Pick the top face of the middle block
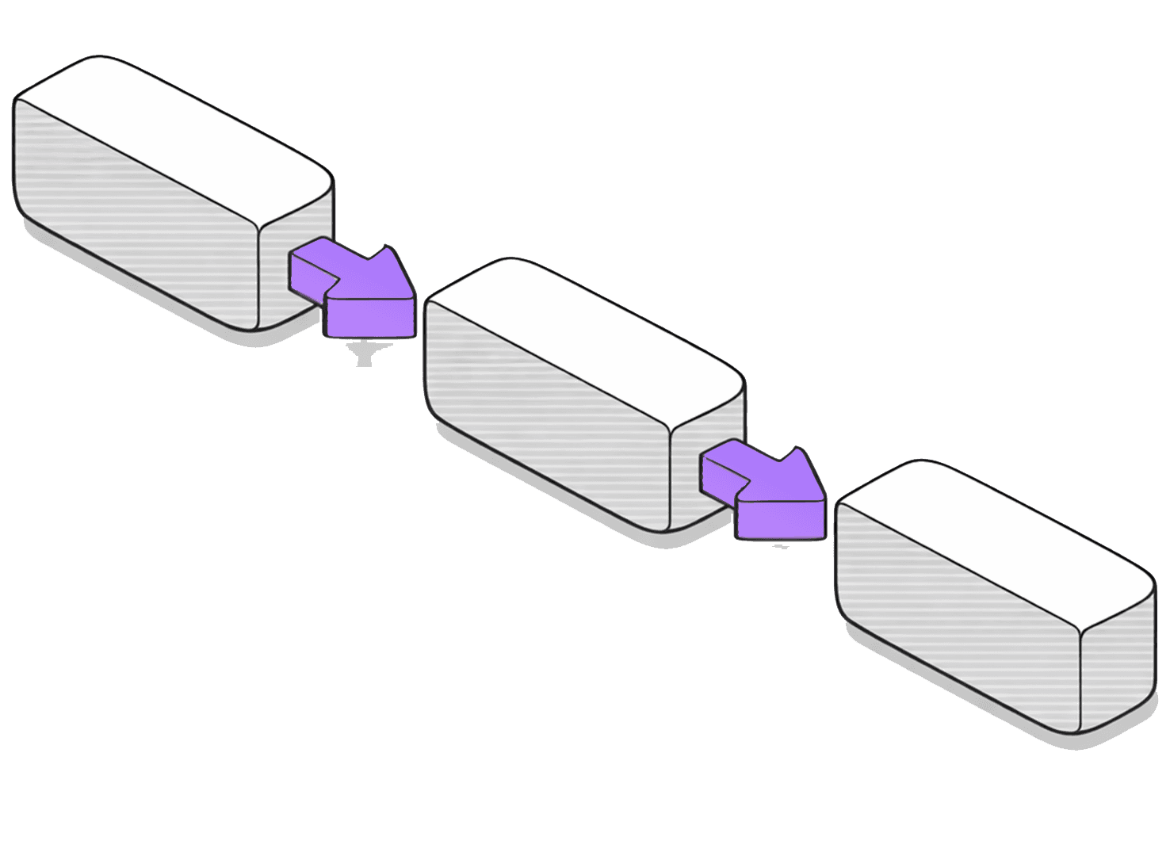[587, 341]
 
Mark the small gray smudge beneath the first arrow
[364, 353]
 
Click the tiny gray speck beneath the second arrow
[782, 547]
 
